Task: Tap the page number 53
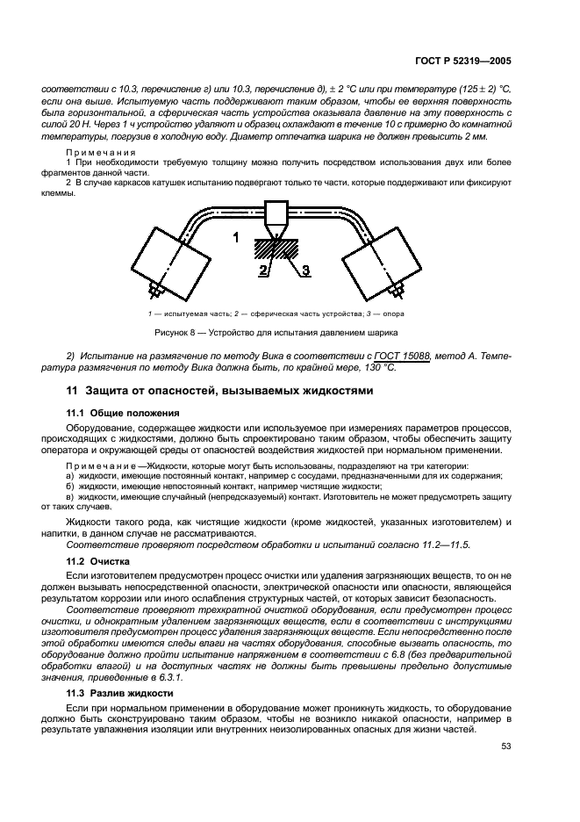coord(505,746)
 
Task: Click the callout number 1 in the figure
coord(235,237)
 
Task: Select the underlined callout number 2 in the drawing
coord(262,272)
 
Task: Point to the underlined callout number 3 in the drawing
coord(305,271)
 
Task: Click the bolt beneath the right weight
coord(398,287)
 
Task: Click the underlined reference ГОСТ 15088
coord(403,354)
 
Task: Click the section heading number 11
coord(73,391)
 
